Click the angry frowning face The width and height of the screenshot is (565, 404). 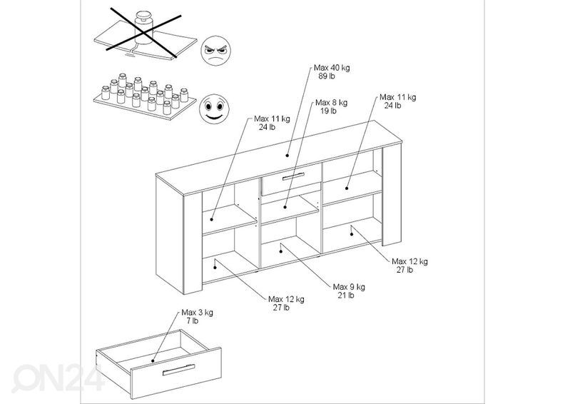click(x=215, y=51)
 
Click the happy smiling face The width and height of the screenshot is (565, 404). click(x=215, y=109)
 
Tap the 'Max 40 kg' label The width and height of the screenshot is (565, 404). click(x=332, y=68)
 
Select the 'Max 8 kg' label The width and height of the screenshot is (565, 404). click(x=332, y=103)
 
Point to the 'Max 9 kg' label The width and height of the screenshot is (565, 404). click(x=349, y=287)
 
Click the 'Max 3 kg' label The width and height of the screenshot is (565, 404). click(x=197, y=312)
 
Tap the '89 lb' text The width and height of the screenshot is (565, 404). click(x=327, y=76)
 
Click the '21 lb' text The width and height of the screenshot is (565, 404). click(x=346, y=296)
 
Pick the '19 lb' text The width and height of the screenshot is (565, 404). click(x=328, y=111)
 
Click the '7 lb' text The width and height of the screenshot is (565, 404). click(x=193, y=320)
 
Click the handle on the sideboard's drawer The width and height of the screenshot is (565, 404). click(x=293, y=176)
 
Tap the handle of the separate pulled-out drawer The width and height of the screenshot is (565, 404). click(x=179, y=370)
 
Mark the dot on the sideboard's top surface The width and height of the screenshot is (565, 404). click(x=287, y=156)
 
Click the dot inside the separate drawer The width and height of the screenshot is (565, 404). click(x=153, y=360)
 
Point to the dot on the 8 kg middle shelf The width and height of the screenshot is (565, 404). click(x=285, y=207)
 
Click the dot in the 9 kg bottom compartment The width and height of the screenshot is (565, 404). click(x=281, y=251)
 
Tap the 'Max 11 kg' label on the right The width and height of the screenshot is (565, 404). click(x=398, y=97)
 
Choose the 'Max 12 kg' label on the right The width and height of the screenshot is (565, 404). click(x=409, y=261)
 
